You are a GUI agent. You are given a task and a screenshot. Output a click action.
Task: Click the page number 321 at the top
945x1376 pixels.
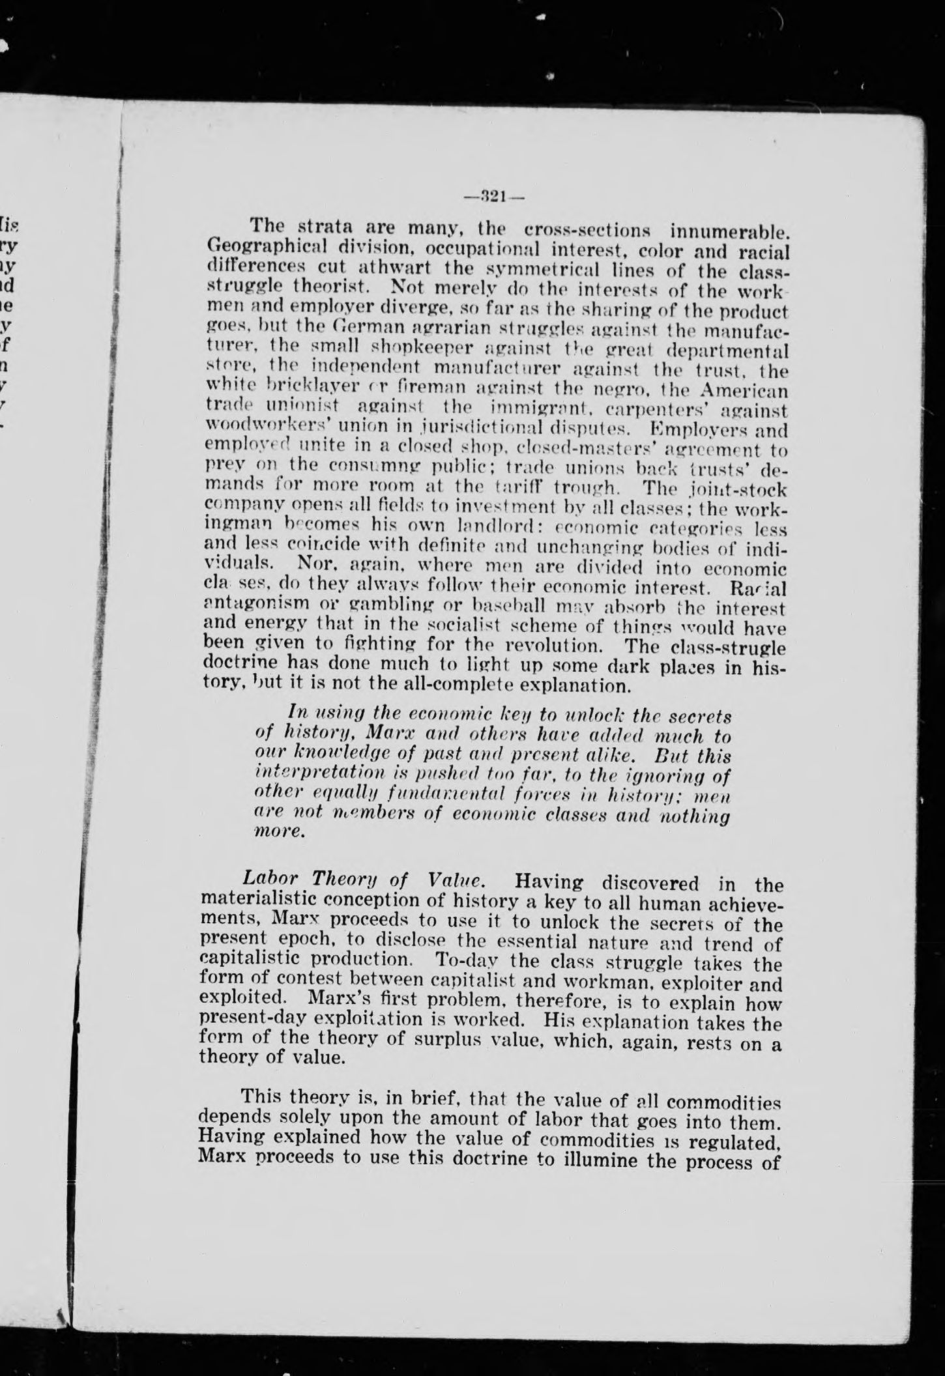(x=493, y=196)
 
